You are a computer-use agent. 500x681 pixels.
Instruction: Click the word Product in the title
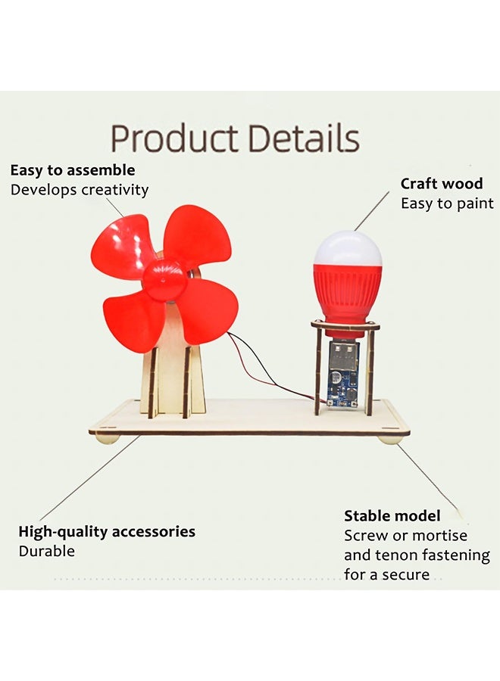pos(175,138)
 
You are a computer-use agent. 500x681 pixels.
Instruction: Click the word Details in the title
pos(304,138)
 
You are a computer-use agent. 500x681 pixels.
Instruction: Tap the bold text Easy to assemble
pos(73,170)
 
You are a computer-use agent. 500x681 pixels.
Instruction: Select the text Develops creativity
pos(80,190)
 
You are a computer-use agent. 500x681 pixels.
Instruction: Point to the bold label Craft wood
pos(442,184)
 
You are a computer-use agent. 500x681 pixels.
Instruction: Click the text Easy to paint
pos(447,204)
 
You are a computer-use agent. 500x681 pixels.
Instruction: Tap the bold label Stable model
pos(392,515)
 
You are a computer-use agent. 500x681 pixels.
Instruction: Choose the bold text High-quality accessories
pos(107,532)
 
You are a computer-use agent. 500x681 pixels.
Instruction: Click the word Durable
pos(46,551)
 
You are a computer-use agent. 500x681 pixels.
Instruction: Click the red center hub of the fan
pos(165,280)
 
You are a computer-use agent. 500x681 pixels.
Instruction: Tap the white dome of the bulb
pos(348,248)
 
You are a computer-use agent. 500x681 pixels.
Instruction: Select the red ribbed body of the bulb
pos(348,295)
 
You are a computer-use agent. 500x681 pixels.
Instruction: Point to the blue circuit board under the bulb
pos(343,386)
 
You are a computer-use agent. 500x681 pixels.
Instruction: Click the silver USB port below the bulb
pos(344,356)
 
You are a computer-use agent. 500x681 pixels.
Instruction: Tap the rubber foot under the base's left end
pos(107,439)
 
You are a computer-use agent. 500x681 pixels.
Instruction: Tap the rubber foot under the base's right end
pos(389,440)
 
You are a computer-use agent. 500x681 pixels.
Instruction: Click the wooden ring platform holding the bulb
pos(345,325)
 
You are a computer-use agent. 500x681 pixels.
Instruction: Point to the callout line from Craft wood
pos(372,211)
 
